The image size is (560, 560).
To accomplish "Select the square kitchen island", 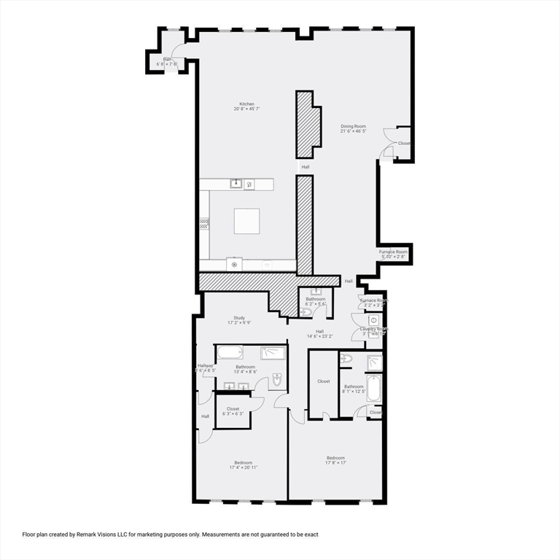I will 246,221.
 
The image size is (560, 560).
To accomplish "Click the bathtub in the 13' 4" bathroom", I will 230,353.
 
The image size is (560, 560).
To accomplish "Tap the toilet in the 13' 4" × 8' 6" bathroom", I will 278,380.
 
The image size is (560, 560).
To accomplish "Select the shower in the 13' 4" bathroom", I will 273,353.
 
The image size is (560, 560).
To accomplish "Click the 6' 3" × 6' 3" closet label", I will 233,411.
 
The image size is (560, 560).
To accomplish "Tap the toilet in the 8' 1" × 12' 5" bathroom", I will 346,359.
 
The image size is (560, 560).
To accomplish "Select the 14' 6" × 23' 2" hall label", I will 319,333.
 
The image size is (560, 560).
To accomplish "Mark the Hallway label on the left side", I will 205,366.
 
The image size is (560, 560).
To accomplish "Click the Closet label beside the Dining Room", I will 404,143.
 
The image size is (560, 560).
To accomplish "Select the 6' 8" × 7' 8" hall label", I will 167,62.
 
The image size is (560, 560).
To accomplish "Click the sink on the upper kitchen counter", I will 236,183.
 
